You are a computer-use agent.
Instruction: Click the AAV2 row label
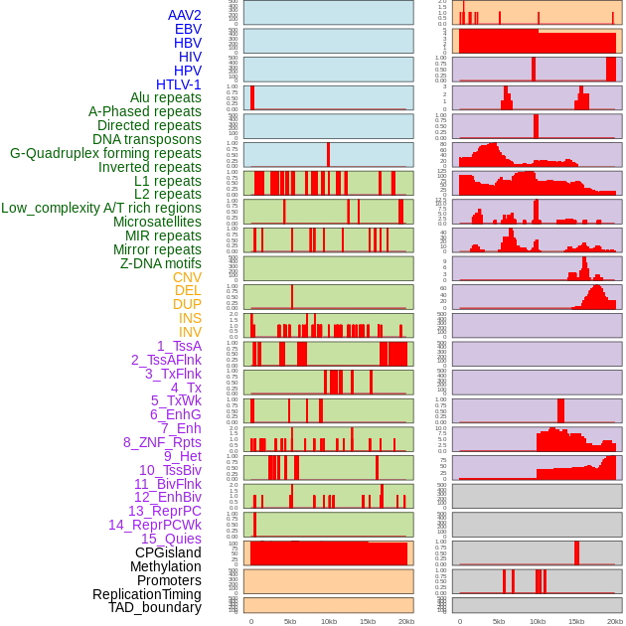click(x=184, y=16)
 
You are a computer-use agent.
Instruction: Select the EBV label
click(x=188, y=30)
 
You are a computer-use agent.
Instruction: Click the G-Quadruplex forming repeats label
click(x=105, y=153)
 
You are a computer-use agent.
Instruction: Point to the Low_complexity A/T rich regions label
click(x=101, y=208)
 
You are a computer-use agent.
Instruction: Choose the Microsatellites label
click(x=157, y=222)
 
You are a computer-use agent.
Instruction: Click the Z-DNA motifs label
click(x=161, y=263)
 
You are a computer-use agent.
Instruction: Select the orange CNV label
click(x=187, y=277)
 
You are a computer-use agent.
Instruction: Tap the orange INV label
click(x=190, y=332)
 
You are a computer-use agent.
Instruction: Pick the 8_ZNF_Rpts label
click(x=162, y=442)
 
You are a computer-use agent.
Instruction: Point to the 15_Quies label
click(x=170, y=539)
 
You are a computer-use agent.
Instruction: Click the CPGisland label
click(x=168, y=552)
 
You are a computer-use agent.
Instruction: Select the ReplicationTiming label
click(x=146, y=594)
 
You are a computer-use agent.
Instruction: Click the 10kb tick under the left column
click(x=328, y=621)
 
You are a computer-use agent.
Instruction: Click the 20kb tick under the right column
click(x=615, y=621)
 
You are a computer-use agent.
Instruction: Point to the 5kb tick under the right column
click(x=498, y=621)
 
